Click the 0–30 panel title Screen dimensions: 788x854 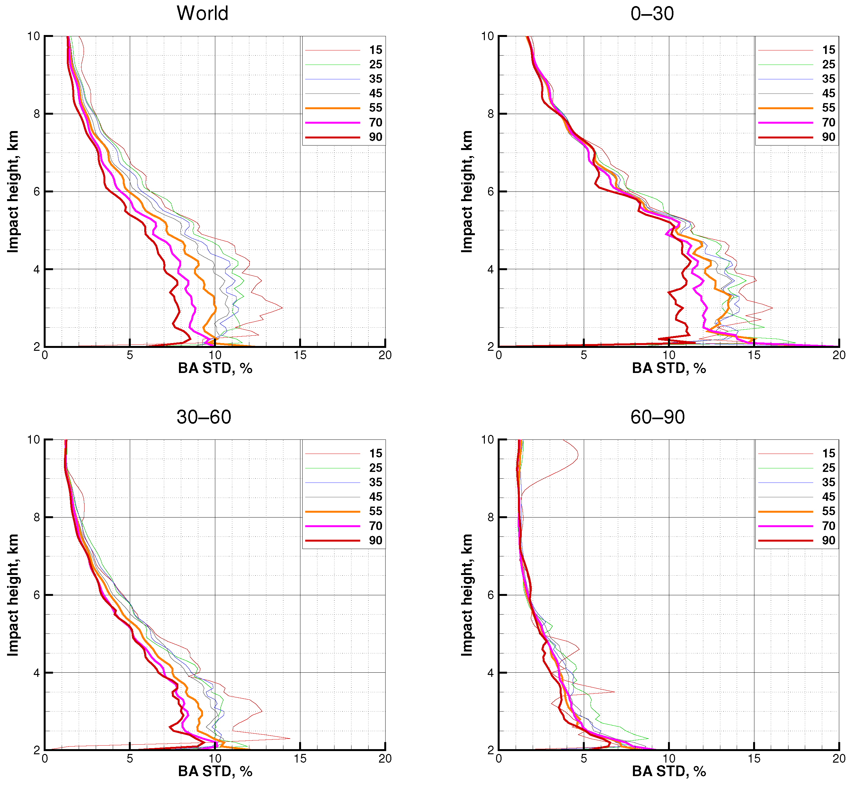point(652,13)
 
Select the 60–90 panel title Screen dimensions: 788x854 point(657,417)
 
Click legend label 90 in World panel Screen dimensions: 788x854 point(375,137)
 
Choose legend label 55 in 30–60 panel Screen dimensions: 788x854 point(375,511)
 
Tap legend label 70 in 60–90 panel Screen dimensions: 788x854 point(828,526)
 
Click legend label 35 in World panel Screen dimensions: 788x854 point(375,79)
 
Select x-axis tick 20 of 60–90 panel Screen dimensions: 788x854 point(839,758)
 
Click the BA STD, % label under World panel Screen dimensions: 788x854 point(215,368)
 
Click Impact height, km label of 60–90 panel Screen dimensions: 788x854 point(467,595)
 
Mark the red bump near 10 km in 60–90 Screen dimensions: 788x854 point(577,456)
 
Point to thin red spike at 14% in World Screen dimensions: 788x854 point(281,308)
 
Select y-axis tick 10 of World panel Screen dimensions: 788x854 point(34,36)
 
